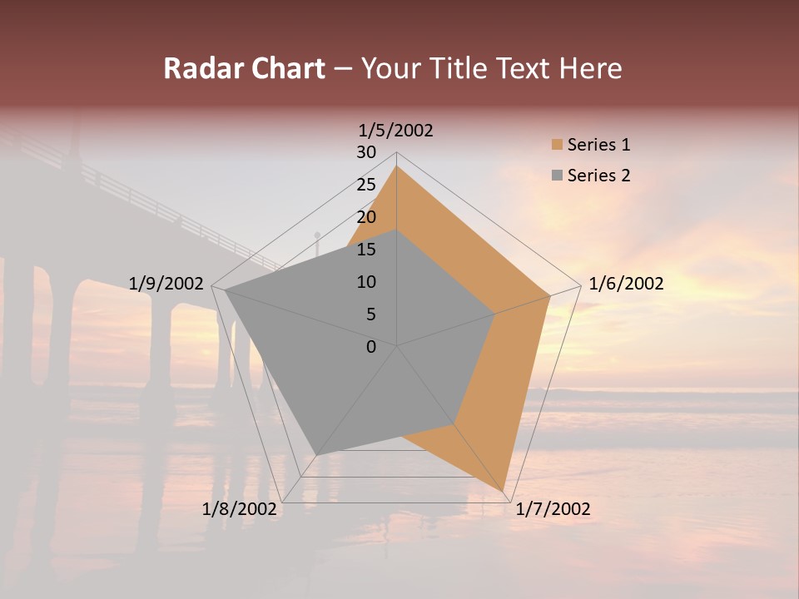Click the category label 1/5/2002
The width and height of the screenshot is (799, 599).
[396, 131]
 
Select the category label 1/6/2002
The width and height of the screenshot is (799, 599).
[626, 284]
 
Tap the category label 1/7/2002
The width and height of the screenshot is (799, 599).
[553, 509]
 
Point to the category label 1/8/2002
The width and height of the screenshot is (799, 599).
[240, 509]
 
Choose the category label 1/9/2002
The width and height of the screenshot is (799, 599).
[166, 284]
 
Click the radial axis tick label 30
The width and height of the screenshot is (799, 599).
[366, 152]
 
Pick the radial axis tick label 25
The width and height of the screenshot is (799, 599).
[366, 185]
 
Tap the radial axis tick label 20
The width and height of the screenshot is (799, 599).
[366, 217]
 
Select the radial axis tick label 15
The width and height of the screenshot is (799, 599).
[366, 250]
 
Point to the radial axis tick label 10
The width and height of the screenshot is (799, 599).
[366, 282]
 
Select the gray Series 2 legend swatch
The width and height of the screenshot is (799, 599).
[557, 176]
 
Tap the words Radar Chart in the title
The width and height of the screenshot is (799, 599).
[244, 68]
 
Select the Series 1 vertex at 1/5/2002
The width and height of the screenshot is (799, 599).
[397, 166]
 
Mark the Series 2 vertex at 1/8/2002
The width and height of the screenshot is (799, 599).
[315, 454]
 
